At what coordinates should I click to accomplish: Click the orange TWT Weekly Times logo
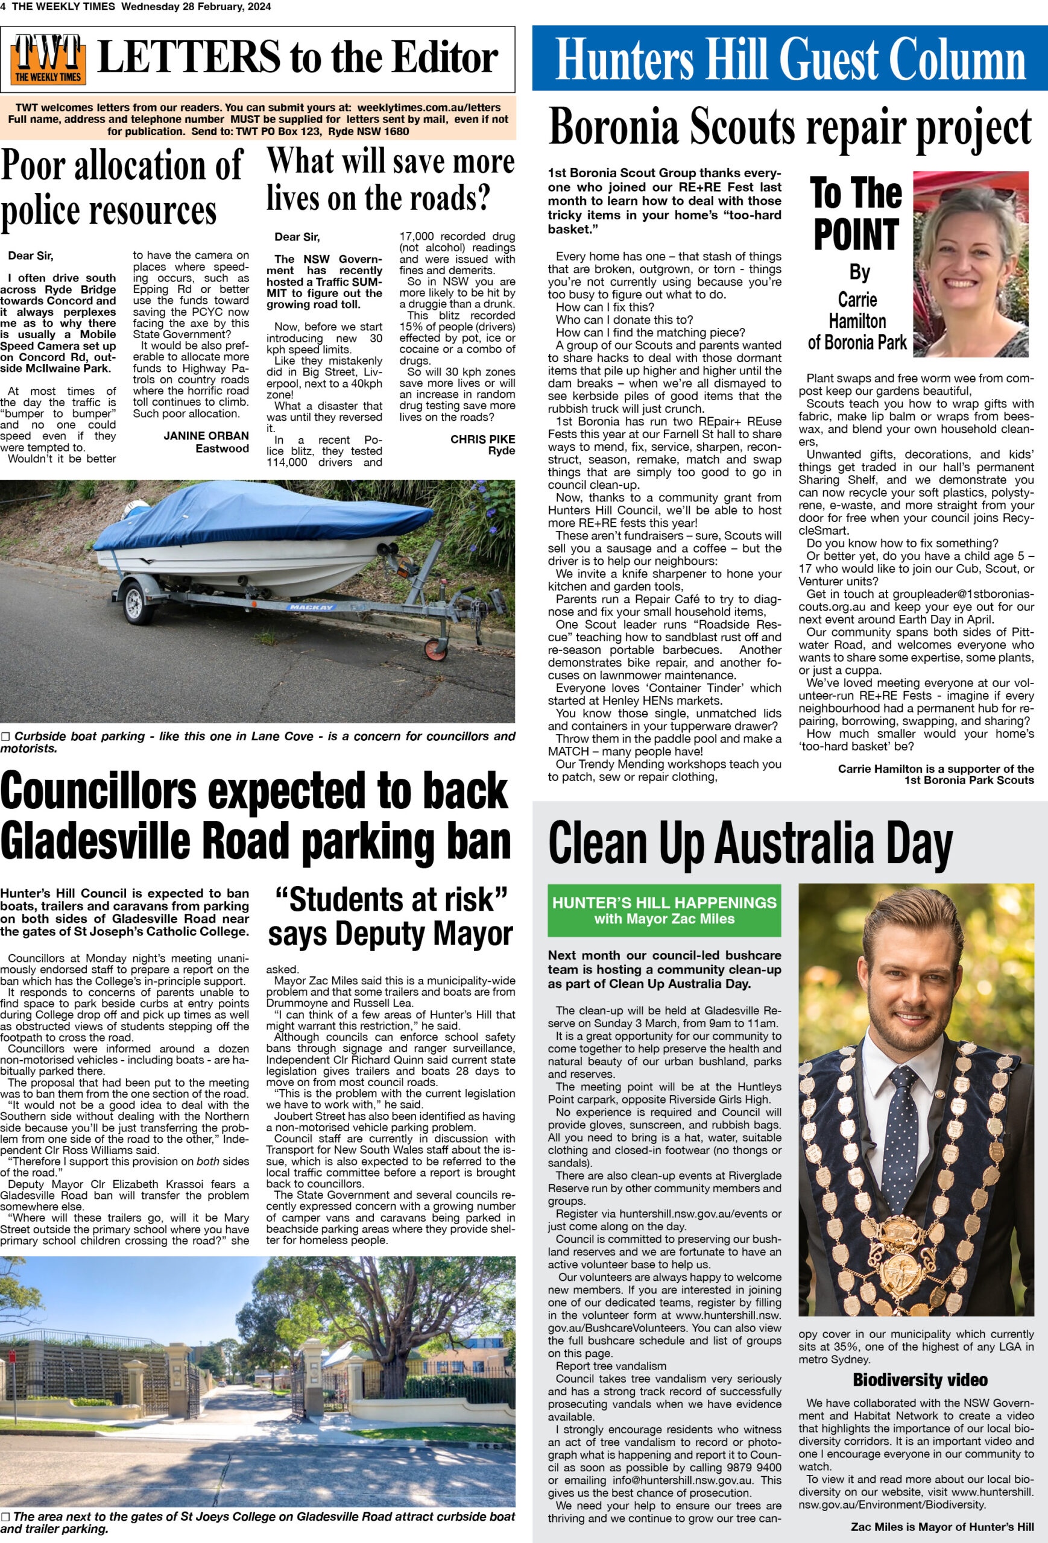[48, 59]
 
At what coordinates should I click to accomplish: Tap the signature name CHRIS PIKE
[482, 439]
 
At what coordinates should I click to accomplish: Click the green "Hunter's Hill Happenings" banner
[663, 910]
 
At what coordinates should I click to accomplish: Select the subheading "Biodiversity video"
[919, 1380]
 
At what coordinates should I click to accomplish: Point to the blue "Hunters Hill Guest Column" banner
[790, 58]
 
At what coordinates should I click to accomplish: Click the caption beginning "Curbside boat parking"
[257, 741]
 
